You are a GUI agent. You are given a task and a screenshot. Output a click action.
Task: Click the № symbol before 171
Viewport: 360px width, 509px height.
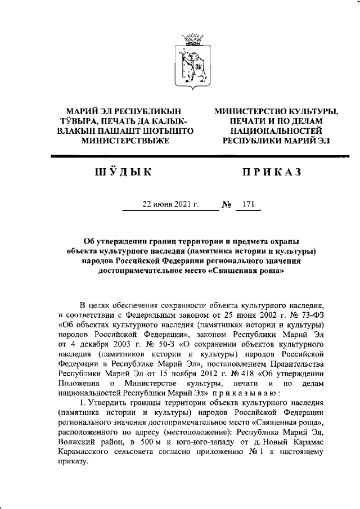pyautogui.click(x=227, y=204)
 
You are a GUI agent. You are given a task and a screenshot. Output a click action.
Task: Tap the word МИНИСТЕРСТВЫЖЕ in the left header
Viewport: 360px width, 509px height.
pyautogui.click(x=125, y=141)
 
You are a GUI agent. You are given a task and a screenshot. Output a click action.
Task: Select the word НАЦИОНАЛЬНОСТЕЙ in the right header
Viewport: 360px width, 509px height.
pyautogui.click(x=276, y=130)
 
